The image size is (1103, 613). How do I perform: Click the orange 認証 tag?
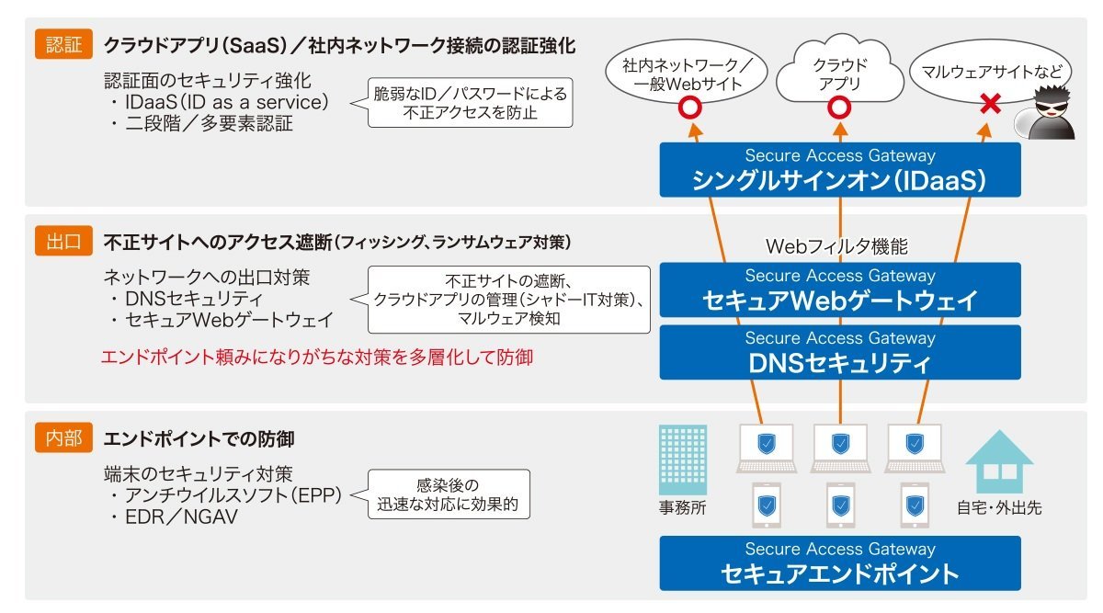(63, 44)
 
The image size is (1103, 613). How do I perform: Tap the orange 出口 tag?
(63, 241)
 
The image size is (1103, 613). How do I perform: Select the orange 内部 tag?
(63, 437)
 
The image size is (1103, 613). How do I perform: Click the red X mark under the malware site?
(990, 104)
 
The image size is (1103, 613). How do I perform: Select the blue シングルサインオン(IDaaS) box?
(840, 170)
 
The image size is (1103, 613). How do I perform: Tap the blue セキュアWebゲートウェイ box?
(840, 289)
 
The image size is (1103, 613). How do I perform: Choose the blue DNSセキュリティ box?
(840, 352)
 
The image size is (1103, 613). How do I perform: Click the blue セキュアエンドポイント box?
(840, 563)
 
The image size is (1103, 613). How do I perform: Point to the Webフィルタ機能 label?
(836, 246)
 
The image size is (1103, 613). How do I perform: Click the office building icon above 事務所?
(683, 460)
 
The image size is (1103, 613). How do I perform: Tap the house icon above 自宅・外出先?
(999, 462)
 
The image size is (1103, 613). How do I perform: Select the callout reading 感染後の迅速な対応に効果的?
(449, 494)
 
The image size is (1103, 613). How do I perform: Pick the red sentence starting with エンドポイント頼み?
(317, 357)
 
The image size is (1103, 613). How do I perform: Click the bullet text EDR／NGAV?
(181, 517)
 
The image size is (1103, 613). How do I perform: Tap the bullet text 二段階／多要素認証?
(209, 123)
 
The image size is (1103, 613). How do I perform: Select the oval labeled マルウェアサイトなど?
(990, 72)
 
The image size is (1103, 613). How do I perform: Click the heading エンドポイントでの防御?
(199, 438)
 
